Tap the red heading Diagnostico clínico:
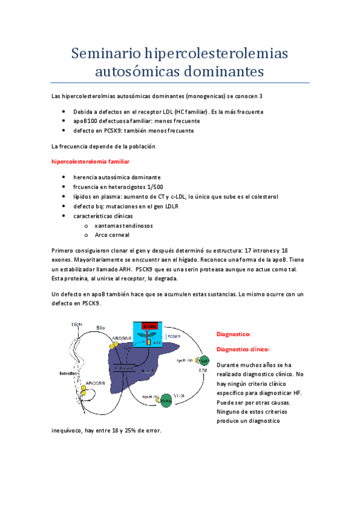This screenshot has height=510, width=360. (243, 349)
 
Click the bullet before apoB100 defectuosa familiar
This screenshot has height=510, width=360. (64, 121)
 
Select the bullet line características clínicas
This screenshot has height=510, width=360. (103, 216)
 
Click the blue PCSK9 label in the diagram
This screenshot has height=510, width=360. (174, 337)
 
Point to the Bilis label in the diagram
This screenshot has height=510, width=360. (101, 327)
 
